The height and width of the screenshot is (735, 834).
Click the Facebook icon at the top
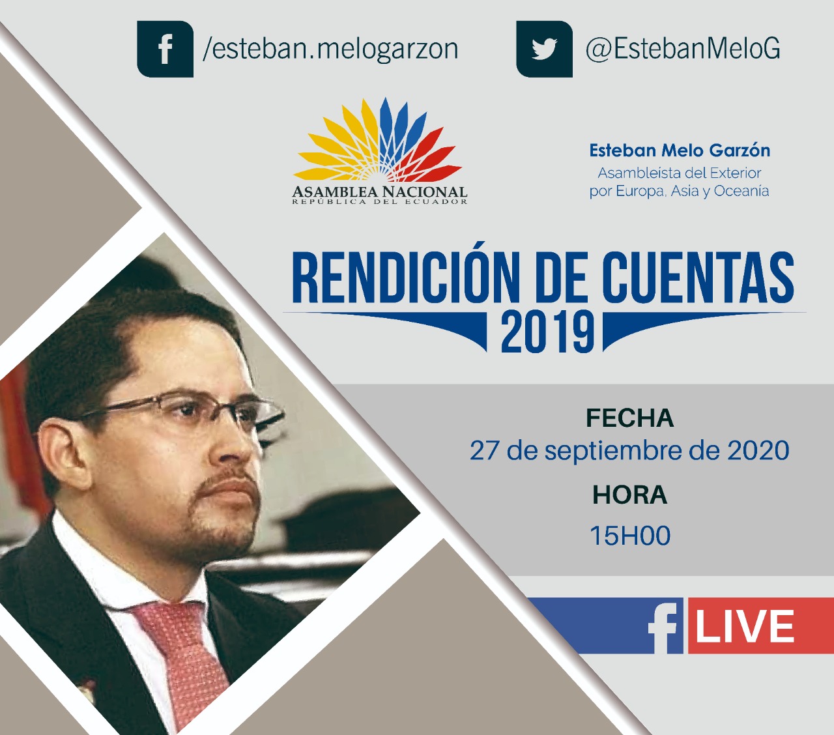click(165, 49)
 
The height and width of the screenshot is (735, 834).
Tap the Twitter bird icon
click(544, 49)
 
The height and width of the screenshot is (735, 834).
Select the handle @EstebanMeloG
click(682, 49)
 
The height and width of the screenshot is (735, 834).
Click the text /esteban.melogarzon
click(330, 49)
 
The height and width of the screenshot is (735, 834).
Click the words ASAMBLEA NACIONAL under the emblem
click(380, 192)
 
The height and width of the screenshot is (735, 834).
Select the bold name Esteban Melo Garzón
click(680, 151)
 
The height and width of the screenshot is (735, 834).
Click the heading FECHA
click(629, 418)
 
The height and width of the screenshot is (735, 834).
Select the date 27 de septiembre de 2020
click(629, 451)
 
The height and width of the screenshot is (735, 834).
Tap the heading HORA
click(629, 495)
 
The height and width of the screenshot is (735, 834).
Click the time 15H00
click(630, 536)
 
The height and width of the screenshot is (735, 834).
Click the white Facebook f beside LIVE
click(663, 627)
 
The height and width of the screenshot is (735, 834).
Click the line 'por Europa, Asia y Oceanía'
click(679, 192)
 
